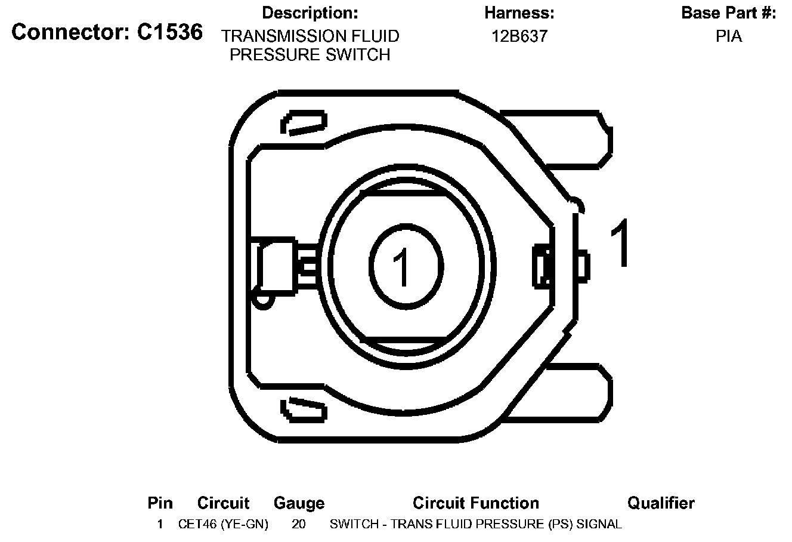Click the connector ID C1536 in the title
pyautogui.click(x=170, y=32)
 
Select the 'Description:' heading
pyautogui.click(x=310, y=13)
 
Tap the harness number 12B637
pyautogui.click(x=519, y=36)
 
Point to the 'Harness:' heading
pyautogui.click(x=519, y=13)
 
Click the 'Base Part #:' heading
pyautogui.click(x=729, y=13)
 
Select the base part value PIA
pyautogui.click(x=729, y=36)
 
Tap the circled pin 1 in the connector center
pyautogui.click(x=406, y=266)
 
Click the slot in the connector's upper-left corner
pyautogui.click(x=304, y=123)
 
